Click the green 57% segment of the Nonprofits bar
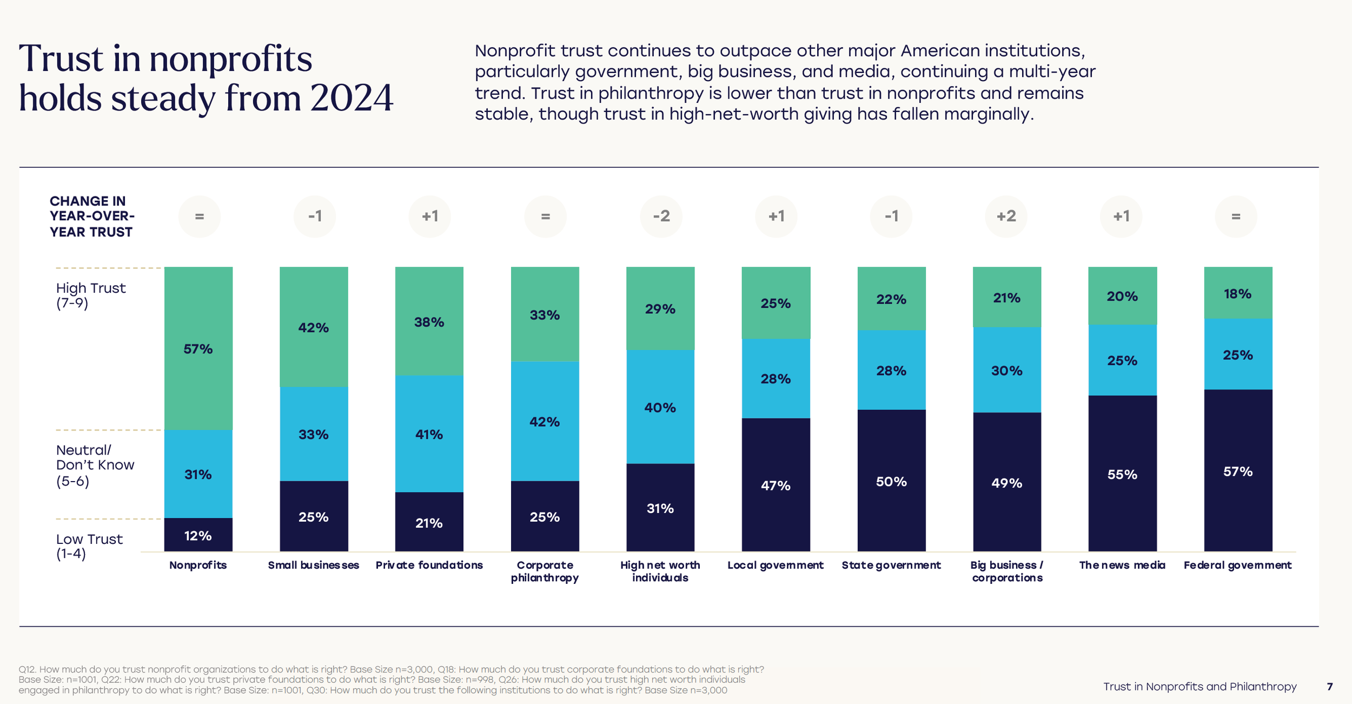(x=198, y=348)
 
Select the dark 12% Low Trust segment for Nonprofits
(x=198, y=535)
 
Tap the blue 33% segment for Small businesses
(x=314, y=434)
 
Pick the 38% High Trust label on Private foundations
(x=429, y=322)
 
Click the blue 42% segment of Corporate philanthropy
(x=545, y=421)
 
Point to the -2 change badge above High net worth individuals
(x=661, y=216)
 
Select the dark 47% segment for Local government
(x=776, y=485)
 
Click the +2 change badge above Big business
(x=1006, y=216)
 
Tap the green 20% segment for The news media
(x=1122, y=296)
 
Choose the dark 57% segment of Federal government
(x=1238, y=471)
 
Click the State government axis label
(x=891, y=565)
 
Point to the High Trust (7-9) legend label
(x=91, y=295)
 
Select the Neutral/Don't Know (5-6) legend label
(x=95, y=465)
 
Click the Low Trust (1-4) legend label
(x=89, y=546)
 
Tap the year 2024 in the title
(x=351, y=98)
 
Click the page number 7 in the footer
(x=1330, y=687)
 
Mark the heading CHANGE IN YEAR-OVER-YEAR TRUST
(x=91, y=216)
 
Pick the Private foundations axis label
(x=429, y=565)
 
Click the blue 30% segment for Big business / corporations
(x=1006, y=370)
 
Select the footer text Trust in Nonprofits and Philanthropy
(x=1199, y=687)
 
